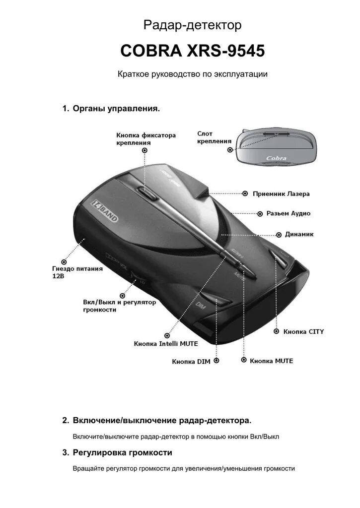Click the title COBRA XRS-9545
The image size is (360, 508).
[192, 51]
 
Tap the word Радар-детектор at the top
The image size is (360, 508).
[192, 25]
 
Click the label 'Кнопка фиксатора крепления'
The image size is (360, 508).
[146, 138]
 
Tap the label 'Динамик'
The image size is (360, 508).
[299, 233]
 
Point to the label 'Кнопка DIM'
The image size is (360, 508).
[191, 362]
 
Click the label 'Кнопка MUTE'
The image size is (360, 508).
[272, 361]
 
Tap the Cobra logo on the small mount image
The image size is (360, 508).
[276, 158]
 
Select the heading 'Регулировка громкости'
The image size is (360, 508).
[122, 452]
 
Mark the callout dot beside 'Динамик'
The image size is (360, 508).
[279, 233]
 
